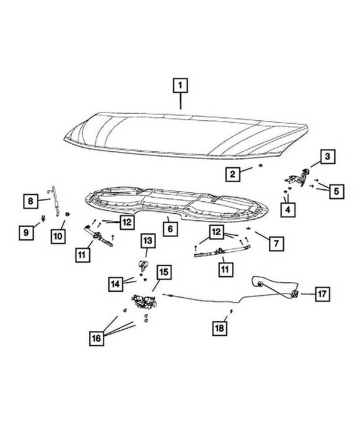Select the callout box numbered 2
[232, 173]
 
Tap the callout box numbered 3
[327, 158]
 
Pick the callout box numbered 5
[336, 191]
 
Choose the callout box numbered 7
[276, 244]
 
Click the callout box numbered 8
[31, 200]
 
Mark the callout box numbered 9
[26, 233]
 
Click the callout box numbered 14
[116, 285]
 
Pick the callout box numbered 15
[163, 273]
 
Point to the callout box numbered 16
[97, 338]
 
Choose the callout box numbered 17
[322, 294]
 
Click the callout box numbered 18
[220, 328]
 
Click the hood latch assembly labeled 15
[144, 302]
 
